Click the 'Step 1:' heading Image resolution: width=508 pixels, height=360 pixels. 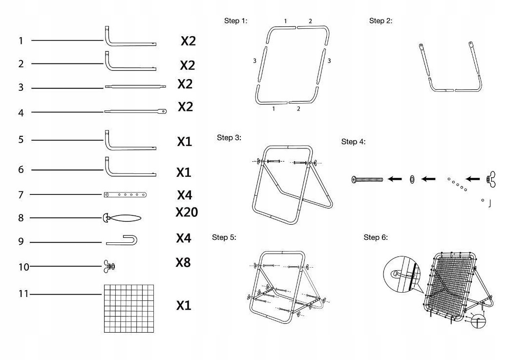coord(236,21)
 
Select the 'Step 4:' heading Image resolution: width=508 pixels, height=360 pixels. coord(353,142)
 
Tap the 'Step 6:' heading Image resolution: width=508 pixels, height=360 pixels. coord(376,237)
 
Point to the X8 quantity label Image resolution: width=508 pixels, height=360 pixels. coord(183,262)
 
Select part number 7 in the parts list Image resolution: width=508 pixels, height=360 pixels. coord(21,194)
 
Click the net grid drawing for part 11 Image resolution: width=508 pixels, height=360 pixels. coord(129,308)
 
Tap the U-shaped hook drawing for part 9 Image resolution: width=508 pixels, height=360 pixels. coord(123,240)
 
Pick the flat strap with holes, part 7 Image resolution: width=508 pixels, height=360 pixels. coord(126,194)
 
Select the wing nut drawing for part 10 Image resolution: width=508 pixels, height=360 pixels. coord(109,266)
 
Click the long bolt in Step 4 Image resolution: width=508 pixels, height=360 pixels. coord(367,179)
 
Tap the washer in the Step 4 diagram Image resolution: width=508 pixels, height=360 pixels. coord(412,179)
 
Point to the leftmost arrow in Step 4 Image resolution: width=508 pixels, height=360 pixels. coord(394,179)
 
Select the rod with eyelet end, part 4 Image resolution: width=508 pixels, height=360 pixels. coord(136,112)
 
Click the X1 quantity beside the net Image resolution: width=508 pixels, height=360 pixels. coord(184,305)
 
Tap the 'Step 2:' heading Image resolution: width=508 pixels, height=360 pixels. coord(381,21)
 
